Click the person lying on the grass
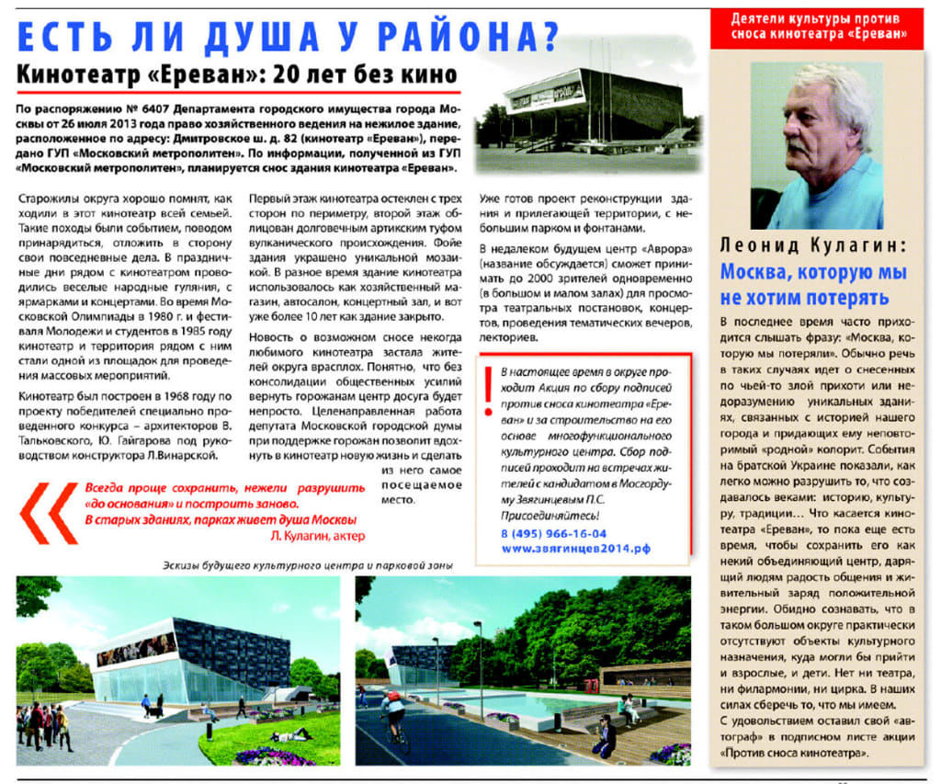[x=291, y=734]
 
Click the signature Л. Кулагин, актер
[x=318, y=535]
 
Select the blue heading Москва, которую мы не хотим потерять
[x=812, y=285]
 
